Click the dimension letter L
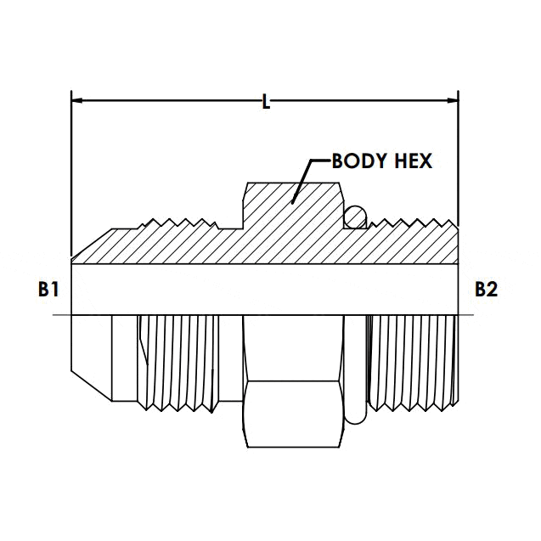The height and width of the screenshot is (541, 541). click(266, 103)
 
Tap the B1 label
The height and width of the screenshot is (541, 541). click(48, 290)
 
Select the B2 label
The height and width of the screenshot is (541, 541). click(485, 290)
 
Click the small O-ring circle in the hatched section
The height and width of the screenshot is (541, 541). click(355, 219)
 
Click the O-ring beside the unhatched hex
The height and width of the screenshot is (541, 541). click(357, 365)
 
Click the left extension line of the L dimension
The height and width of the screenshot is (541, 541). click(70, 170)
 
